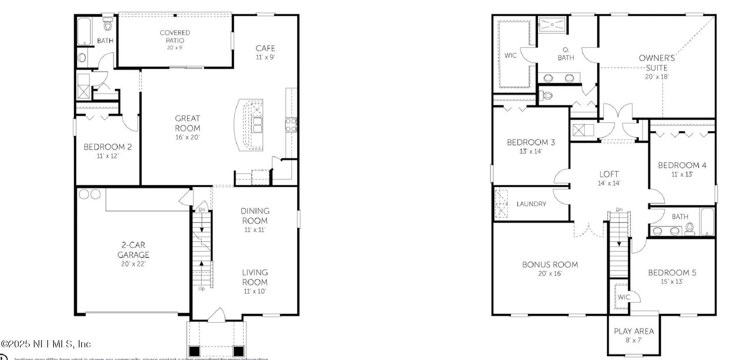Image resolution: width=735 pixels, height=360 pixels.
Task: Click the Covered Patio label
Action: coord(175,37)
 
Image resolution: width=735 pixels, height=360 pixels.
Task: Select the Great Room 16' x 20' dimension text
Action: coord(187,137)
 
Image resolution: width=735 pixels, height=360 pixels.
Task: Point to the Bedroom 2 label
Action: coord(108,147)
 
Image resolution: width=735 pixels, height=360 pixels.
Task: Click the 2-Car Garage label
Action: coord(133,250)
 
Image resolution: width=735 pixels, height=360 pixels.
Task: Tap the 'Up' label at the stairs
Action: coord(201,288)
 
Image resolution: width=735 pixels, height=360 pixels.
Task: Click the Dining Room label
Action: coord(255,216)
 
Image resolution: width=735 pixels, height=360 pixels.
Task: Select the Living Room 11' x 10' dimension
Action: coord(255,291)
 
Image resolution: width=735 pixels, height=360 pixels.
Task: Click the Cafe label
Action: coord(265,48)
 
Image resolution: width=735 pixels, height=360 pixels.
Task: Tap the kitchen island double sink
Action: coord(257,124)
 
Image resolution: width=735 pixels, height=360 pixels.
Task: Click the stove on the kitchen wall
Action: coord(291,125)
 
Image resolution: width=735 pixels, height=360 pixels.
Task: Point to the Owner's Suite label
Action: coord(657,63)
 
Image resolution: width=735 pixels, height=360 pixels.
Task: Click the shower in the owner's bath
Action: coord(552,25)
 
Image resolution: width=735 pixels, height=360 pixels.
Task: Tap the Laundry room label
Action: coord(531,204)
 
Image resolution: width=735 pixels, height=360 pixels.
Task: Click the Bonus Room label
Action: coord(550,265)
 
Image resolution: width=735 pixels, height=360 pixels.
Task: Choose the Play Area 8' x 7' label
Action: coord(634,335)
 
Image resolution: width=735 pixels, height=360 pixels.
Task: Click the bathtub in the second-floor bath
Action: coord(707,222)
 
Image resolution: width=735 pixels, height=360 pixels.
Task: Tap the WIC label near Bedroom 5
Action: coord(624,297)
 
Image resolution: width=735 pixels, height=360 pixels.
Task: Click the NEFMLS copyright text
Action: coord(46,344)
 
